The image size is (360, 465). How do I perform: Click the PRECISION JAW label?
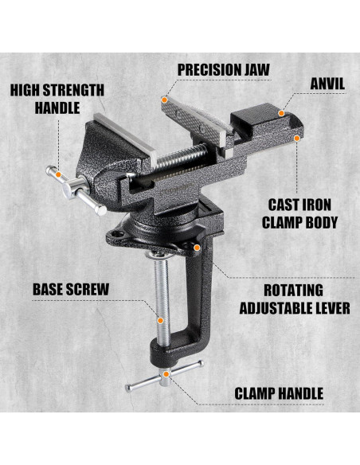click(x=223, y=69)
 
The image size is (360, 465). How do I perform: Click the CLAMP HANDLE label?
click(x=278, y=393)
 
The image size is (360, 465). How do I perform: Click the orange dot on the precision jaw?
click(x=165, y=100)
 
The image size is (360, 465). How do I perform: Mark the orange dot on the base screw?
click(x=160, y=320)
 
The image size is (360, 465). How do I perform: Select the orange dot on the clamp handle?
click(x=166, y=373)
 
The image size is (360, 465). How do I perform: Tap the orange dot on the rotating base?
click(x=195, y=247)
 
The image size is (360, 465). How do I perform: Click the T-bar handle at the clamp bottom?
click(x=164, y=377)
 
